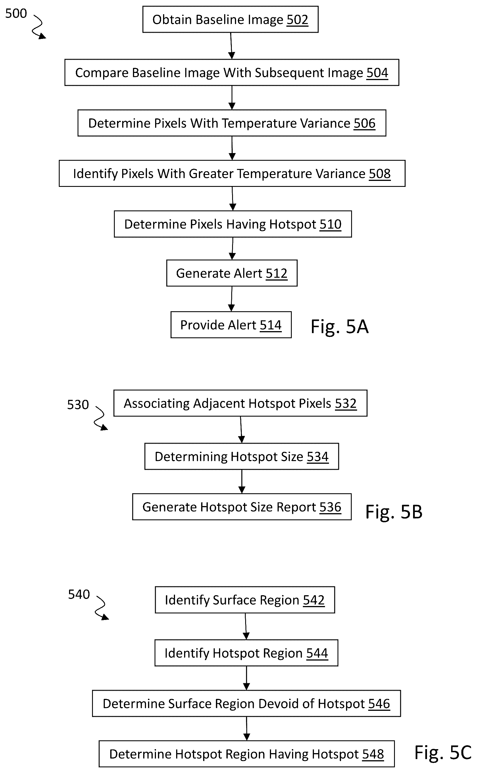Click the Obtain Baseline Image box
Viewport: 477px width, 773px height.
pos(230,19)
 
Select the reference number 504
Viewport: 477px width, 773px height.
pos(377,73)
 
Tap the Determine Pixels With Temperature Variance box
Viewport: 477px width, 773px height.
pos(232,123)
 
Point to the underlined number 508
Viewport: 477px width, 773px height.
pos(380,174)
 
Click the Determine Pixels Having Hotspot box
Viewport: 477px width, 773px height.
pos(233,224)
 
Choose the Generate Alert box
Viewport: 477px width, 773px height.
pos(232,273)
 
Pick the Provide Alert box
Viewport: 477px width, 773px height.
pos(231,325)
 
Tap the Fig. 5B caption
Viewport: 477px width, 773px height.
pos(394,511)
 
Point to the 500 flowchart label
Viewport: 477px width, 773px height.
pos(16,14)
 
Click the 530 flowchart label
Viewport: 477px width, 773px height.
pos(78,405)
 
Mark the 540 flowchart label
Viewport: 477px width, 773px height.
pos(79,594)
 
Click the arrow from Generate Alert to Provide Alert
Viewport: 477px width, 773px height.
pos(232,299)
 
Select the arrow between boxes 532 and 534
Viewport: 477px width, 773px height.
pos(241,430)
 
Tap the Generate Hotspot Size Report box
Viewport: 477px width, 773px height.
pos(242,507)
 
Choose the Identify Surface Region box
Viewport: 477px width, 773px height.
pos(245,600)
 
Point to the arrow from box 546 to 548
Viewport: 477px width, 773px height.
pos(247,728)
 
